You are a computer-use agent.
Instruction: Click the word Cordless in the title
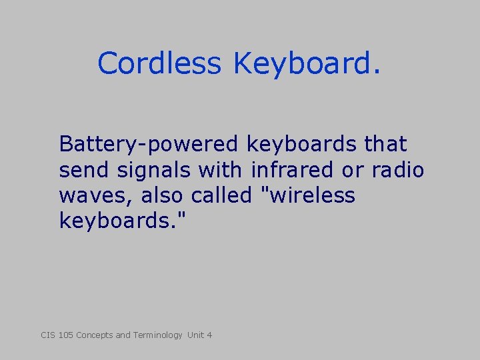(x=159, y=64)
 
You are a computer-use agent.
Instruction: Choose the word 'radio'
(x=399, y=170)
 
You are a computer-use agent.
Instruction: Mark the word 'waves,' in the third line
(x=94, y=196)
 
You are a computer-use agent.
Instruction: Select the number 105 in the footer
(x=66, y=335)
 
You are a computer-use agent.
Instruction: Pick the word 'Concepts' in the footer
(x=95, y=335)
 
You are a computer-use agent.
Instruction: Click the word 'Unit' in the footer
(x=195, y=335)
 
